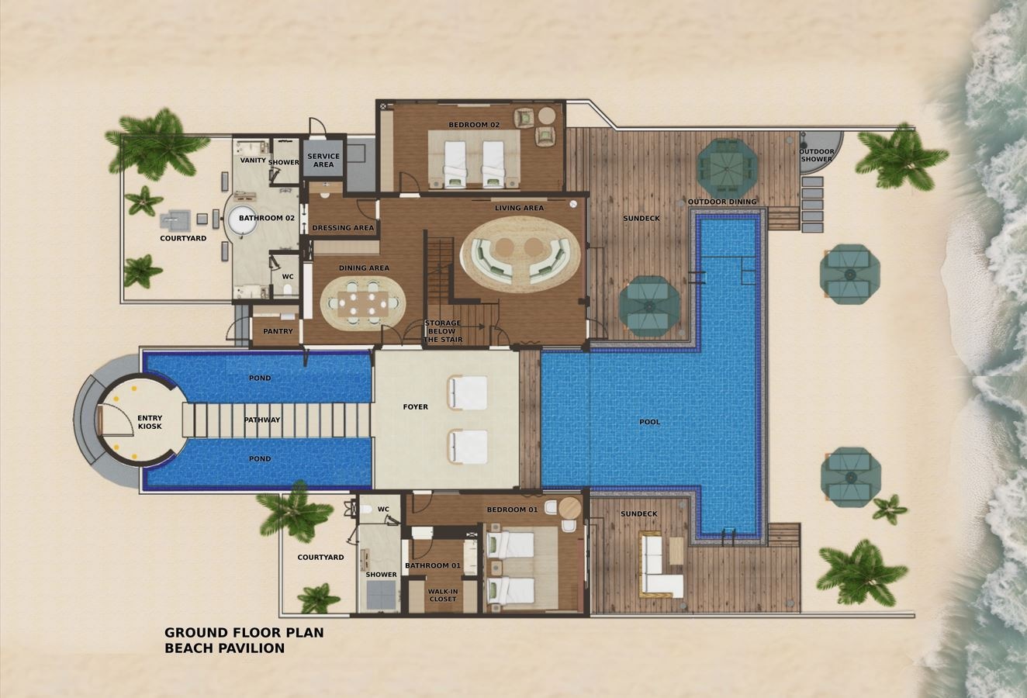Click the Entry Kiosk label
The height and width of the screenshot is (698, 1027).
(x=150, y=423)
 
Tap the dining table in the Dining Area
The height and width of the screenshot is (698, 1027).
(x=363, y=302)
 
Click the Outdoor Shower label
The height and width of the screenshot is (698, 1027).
(x=817, y=155)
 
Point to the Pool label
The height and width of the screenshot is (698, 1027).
(x=649, y=422)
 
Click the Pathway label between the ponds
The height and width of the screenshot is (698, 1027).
(x=262, y=420)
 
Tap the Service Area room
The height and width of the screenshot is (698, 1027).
(x=323, y=161)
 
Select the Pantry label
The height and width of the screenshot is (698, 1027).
(x=278, y=331)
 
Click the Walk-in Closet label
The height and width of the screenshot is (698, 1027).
(x=443, y=595)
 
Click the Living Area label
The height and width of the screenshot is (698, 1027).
(x=519, y=208)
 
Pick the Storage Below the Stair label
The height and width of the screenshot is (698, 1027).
(x=442, y=331)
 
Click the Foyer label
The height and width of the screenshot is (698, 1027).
(x=415, y=406)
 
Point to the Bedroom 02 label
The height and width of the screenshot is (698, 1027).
(x=474, y=125)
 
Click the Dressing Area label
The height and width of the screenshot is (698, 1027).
(x=342, y=228)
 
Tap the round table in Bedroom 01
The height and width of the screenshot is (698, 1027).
(x=569, y=508)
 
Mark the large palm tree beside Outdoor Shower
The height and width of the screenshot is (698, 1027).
(x=900, y=157)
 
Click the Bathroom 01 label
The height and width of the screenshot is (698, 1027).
(x=432, y=565)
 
